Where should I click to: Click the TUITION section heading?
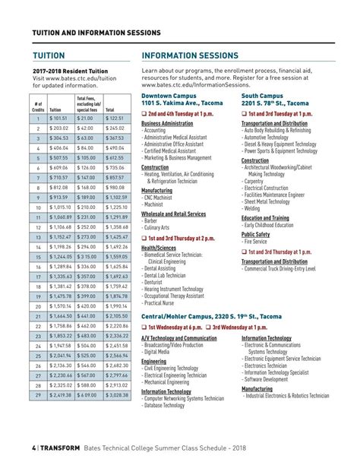click(49, 56)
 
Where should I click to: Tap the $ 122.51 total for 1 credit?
click(115, 119)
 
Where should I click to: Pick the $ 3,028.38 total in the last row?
click(118, 395)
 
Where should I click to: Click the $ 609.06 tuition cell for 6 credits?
click(60, 167)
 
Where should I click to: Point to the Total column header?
click(110, 109)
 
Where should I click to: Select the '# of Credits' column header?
click(39, 105)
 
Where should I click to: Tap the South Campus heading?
click(262, 97)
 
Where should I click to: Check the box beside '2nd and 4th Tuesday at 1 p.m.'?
click(144, 113)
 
